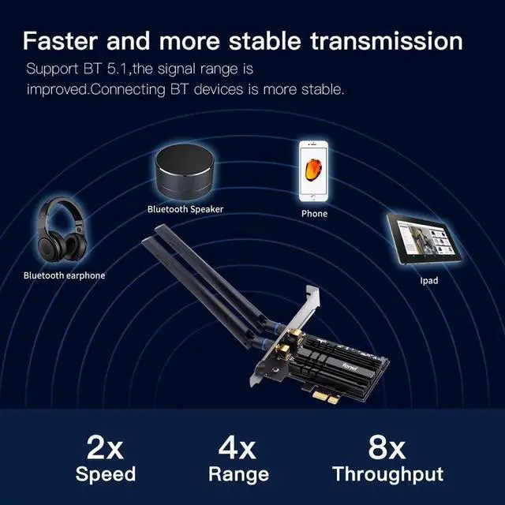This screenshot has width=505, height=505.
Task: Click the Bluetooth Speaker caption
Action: click(x=185, y=209)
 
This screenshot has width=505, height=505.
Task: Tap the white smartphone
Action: click(x=313, y=170)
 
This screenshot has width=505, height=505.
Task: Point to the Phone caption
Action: click(x=314, y=213)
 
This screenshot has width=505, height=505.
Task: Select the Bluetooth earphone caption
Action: click(x=64, y=275)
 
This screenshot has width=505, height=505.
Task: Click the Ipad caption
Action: click(x=429, y=280)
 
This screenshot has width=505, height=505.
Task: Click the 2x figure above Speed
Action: click(x=105, y=447)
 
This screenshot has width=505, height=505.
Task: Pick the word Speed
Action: click(x=105, y=474)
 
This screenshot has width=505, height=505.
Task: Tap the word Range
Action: click(x=238, y=474)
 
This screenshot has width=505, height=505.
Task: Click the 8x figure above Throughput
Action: click(x=387, y=447)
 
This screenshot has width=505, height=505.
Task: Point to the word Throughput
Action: click(x=387, y=474)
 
